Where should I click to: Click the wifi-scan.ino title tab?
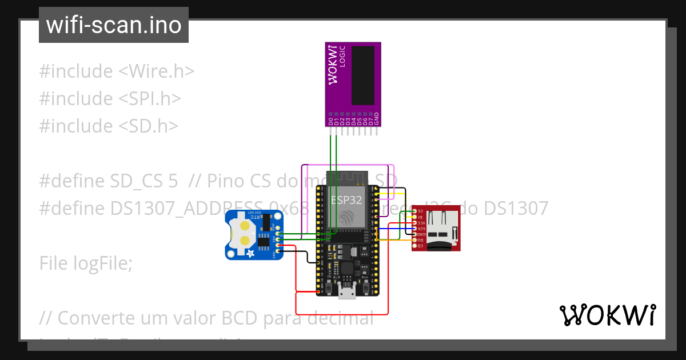(113, 25)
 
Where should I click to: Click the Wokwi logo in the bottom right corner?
(607, 315)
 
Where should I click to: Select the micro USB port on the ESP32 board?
(346, 293)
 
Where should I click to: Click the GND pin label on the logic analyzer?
(377, 119)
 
